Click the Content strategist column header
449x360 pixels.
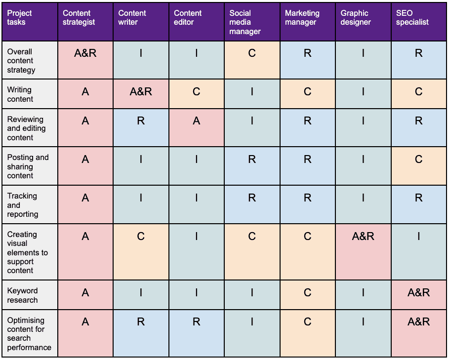85,22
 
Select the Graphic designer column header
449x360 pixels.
363,22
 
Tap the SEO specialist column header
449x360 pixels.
419,22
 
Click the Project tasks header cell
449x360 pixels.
30,22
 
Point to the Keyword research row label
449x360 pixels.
30,295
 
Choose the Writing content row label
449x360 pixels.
30,94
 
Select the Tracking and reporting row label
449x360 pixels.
30,205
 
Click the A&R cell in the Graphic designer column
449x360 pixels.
363,237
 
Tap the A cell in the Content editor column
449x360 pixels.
197,120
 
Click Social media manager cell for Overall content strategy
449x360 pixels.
252,53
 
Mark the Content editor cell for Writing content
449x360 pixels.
197,92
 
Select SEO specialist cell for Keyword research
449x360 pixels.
419,293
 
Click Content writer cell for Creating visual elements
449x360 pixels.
141,237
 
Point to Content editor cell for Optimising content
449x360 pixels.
197,322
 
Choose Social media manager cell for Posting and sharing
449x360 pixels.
252,160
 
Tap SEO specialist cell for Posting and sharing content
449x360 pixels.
419,160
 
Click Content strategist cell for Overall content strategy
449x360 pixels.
85,53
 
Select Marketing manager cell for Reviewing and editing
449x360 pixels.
308,120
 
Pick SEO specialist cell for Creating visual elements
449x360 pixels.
419,237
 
